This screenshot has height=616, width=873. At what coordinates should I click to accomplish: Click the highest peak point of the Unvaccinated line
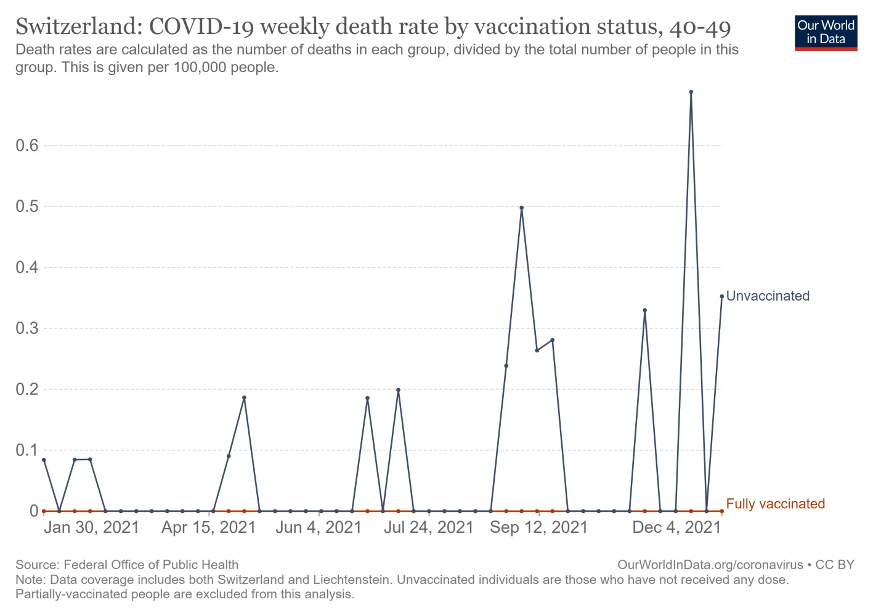click(x=691, y=92)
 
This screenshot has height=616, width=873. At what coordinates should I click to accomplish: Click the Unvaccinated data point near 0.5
click(x=521, y=208)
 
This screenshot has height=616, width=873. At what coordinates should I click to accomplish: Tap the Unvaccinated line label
click(x=768, y=296)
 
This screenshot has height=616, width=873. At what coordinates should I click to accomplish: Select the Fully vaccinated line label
click(x=775, y=504)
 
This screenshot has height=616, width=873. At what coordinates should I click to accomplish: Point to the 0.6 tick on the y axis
click(x=27, y=146)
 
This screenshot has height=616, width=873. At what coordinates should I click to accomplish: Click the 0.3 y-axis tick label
click(x=27, y=328)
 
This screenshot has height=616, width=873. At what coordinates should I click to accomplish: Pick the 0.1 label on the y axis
click(x=27, y=450)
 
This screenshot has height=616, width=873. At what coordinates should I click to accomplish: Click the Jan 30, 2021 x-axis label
click(x=92, y=528)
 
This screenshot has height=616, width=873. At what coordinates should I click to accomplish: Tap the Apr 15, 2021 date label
click(x=208, y=528)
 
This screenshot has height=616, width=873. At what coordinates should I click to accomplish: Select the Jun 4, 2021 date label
click(x=319, y=528)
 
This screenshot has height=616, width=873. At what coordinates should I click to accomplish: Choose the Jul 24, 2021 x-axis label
click(x=428, y=528)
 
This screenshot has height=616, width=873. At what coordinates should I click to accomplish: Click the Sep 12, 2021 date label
click(x=539, y=528)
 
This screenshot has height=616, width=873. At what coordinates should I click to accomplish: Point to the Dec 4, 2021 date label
click(x=676, y=528)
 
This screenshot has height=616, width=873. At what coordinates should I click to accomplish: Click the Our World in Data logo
click(x=826, y=33)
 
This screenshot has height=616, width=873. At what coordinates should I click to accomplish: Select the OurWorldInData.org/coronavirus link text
click(x=710, y=565)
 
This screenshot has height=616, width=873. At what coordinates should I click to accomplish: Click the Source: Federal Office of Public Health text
click(x=127, y=565)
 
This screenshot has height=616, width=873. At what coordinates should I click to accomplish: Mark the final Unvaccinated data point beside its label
click(x=721, y=296)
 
